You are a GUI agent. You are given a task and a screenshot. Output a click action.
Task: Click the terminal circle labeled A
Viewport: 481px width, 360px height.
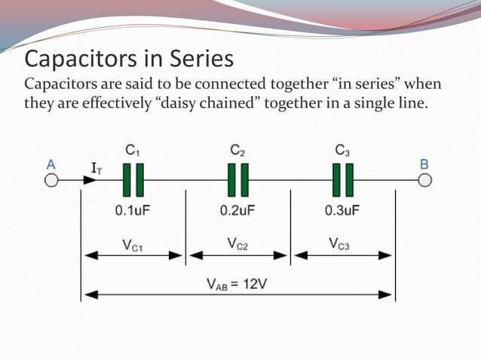pyautogui.click(x=51, y=181)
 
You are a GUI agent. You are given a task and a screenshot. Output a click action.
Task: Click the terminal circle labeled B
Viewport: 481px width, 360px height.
pyautogui.click(x=425, y=181)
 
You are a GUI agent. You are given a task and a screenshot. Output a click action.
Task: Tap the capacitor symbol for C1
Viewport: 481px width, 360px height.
pyautogui.click(x=133, y=181)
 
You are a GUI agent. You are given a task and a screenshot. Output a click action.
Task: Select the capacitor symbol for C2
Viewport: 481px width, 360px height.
pyautogui.click(x=238, y=181)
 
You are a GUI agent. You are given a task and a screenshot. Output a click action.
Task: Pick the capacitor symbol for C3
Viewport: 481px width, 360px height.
pyautogui.click(x=343, y=181)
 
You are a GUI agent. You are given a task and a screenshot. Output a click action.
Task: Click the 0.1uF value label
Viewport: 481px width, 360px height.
pyautogui.click(x=133, y=210)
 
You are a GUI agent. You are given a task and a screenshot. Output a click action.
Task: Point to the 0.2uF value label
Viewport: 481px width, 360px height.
pyautogui.click(x=237, y=210)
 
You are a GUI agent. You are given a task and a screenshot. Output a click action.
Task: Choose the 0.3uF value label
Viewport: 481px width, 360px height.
pyautogui.click(x=342, y=210)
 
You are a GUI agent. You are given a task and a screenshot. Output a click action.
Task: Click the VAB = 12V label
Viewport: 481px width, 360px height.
pyautogui.click(x=237, y=284)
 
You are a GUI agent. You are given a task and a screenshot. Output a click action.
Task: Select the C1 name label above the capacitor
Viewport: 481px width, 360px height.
pyautogui.click(x=133, y=151)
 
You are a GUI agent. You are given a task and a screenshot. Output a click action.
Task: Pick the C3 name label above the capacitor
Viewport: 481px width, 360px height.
pyautogui.click(x=342, y=151)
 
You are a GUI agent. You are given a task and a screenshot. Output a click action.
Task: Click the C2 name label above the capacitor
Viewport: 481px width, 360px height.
pyautogui.click(x=237, y=151)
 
